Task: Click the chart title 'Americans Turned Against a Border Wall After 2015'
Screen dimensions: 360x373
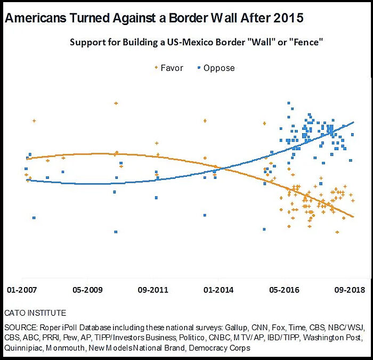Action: (x=154, y=18)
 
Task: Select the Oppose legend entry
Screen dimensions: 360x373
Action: (x=216, y=68)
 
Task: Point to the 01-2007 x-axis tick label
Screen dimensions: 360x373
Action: (x=23, y=291)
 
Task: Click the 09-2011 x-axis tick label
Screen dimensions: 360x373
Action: (x=153, y=291)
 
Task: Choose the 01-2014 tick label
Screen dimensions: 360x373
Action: (x=218, y=291)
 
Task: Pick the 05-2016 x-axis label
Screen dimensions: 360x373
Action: (x=285, y=291)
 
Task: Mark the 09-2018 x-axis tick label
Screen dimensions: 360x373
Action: (x=350, y=291)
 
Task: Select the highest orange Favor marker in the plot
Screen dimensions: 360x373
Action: (x=116, y=103)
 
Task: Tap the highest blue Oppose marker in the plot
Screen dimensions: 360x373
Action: (x=288, y=103)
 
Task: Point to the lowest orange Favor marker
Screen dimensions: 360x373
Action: (x=337, y=232)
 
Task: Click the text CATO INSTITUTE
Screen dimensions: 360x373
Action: (x=35, y=313)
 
